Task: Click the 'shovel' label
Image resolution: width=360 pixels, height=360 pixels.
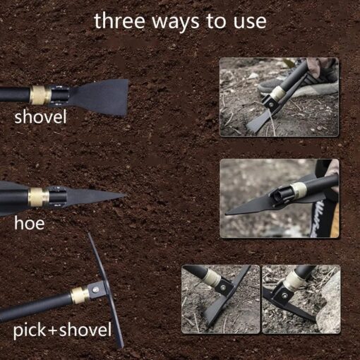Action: pyautogui.click(x=40, y=116)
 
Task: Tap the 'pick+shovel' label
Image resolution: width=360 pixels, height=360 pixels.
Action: pyautogui.click(x=62, y=330)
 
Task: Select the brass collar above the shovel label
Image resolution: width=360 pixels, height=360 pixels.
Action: pyautogui.click(x=40, y=93)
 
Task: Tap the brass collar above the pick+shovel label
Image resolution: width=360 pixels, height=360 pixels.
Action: pyautogui.click(x=80, y=294)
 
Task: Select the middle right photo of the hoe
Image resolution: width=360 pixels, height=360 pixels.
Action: pyautogui.click(x=278, y=198)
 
